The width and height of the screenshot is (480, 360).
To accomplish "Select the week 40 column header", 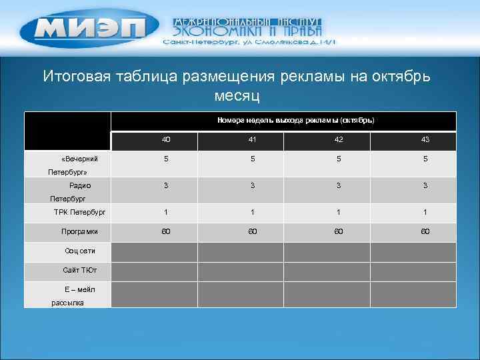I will pyautogui.click(x=166, y=140).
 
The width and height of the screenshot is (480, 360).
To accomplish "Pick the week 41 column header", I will pyautogui.click(x=253, y=140).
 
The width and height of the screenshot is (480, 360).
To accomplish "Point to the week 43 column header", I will pyautogui.click(x=425, y=140).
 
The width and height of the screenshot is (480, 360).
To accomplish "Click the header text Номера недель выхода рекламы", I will pyautogui.click(x=295, y=121).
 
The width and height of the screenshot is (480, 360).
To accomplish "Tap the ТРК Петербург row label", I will pyautogui.click(x=80, y=213).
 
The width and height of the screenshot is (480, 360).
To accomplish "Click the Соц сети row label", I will pyautogui.click(x=80, y=251).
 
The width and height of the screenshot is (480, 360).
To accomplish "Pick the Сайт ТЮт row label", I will pyautogui.click(x=80, y=271).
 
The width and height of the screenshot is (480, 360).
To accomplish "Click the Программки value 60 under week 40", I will pyautogui.click(x=166, y=231).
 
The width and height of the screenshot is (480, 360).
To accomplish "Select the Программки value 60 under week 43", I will pyautogui.click(x=425, y=231).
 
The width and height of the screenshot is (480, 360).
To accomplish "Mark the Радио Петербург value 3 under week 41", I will pyautogui.click(x=253, y=185).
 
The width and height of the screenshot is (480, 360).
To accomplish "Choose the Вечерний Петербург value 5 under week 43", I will pyautogui.click(x=425, y=159).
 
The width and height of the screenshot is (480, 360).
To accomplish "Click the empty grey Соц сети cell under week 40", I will pyautogui.click(x=154, y=251).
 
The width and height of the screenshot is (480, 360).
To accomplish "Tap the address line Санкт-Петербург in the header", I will pyautogui.click(x=250, y=42).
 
